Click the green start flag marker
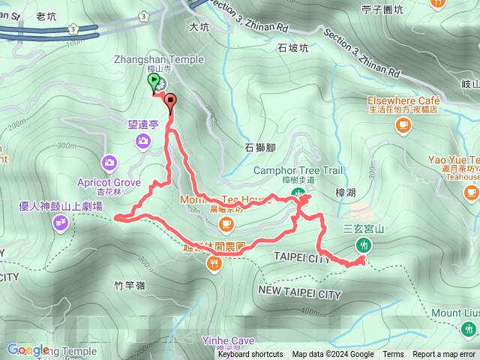pyautogui.click(x=154, y=82)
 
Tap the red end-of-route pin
pyautogui.click(x=170, y=101)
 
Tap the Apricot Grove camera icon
pyautogui.click(x=109, y=162)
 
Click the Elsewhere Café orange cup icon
pyautogui.click(x=403, y=123)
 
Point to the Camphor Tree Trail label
pyautogui.click(x=298, y=171)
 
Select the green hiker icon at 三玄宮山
pyautogui.click(x=364, y=244)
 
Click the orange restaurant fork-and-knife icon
pyautogui.click(x=215, y=262)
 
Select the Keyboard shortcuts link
pyautogui.click(x=250, y=355)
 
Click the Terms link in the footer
pyautogui.click(x=393, y=355)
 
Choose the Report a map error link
pyautogui.click(x=444, y=355)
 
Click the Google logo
pyautogui.click(x=28, y=349)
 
